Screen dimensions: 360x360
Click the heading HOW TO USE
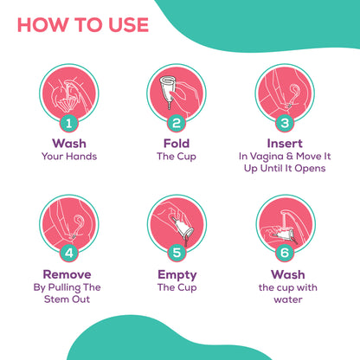pos(83,25)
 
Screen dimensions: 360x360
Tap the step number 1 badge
pos(69,124)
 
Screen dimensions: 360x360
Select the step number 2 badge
pos(177,124)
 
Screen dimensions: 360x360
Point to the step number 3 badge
pos(285,124)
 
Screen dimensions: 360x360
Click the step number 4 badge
pos(69,253)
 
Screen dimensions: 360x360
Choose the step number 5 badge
pos(177,253)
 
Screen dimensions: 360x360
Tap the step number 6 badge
pos(285,253)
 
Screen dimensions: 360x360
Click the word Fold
pos(177,144)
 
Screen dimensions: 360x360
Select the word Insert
pos(285,144)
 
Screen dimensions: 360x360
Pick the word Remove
pos(67,274)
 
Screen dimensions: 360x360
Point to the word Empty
pos(177,275)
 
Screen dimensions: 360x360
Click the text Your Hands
pos(69,157)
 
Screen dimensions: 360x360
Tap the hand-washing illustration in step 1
pos(69,93)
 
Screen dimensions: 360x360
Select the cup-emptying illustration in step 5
pos(177,223)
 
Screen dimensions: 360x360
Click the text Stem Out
pos(67,299)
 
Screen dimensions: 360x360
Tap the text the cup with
pos(288,288)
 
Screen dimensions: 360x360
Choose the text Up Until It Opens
pos(285,169)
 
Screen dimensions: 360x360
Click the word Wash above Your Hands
pos(69,144)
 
